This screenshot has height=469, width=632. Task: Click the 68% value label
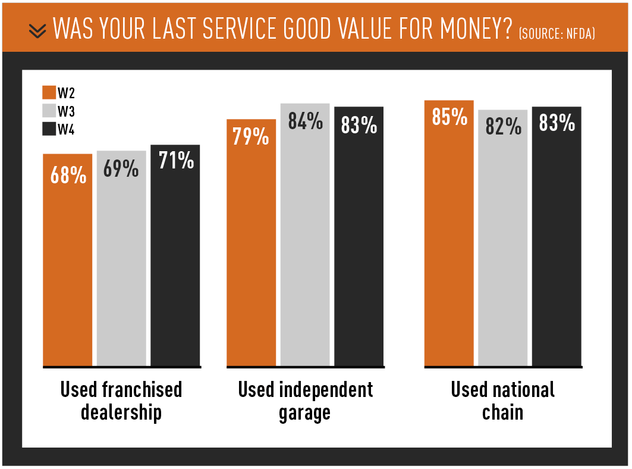pyautogui.click(x=68, y=176)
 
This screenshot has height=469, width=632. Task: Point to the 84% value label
pyautogui.click(x=305, y=122)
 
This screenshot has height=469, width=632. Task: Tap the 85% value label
pyautogui.click(x=449, y=117)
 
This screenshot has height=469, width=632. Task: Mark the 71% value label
pyautogui.click(x=176, y=160)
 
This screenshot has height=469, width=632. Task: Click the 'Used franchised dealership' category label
pyautogui.click(x=121, y=401)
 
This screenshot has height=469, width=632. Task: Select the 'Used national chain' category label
pyautogui.click(x=502, y=401)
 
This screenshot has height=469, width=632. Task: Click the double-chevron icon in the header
pyautogui.click(x=37, y=30)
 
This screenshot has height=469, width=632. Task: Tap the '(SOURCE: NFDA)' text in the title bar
pyautogui.click(x=556, y=33)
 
